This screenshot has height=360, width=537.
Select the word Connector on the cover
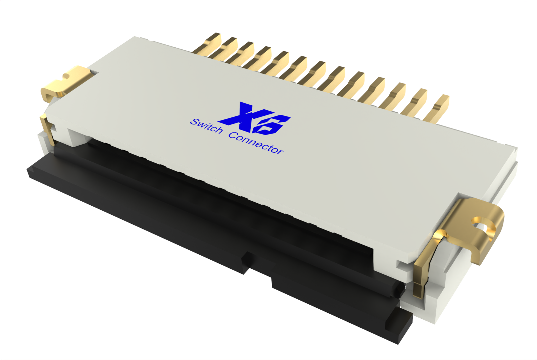coord(256,143)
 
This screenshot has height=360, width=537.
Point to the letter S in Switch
coord(194,122)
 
